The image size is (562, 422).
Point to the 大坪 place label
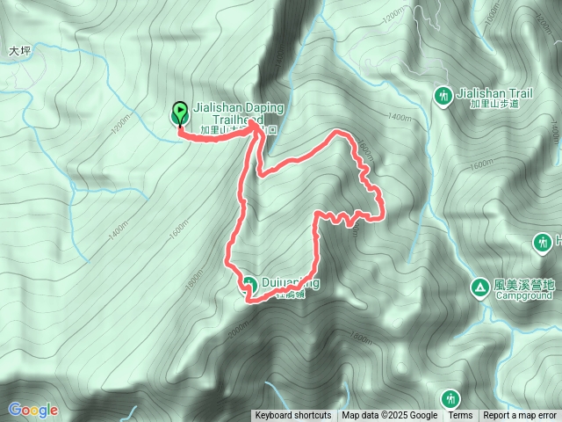19,52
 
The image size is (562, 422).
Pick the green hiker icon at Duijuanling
249,283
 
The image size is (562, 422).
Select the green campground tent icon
479,286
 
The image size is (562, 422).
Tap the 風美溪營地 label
525,284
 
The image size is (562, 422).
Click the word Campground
523,296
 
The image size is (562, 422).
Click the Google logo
33,410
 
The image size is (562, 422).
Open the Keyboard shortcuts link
293,416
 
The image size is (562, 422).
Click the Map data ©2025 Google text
390,416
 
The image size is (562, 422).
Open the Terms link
460,416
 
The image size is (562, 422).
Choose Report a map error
521,416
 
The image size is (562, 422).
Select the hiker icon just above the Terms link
450,397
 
